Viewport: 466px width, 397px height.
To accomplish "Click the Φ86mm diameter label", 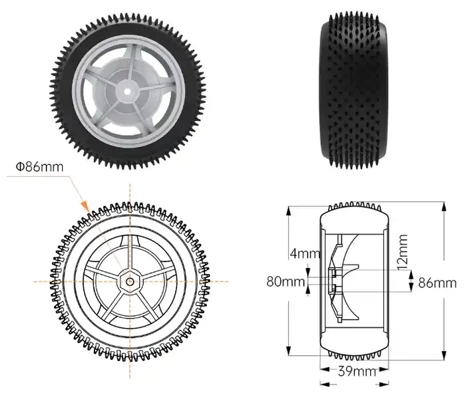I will pyautogui.click(x=41, y=166).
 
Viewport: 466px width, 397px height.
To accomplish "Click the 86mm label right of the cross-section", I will pyautogui.click(x=438, y=283).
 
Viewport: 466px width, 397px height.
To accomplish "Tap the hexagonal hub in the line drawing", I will pyautogui.click(x=130, y=281).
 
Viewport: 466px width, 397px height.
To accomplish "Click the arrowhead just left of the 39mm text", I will pyautogui.click(x=323, y=384).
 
